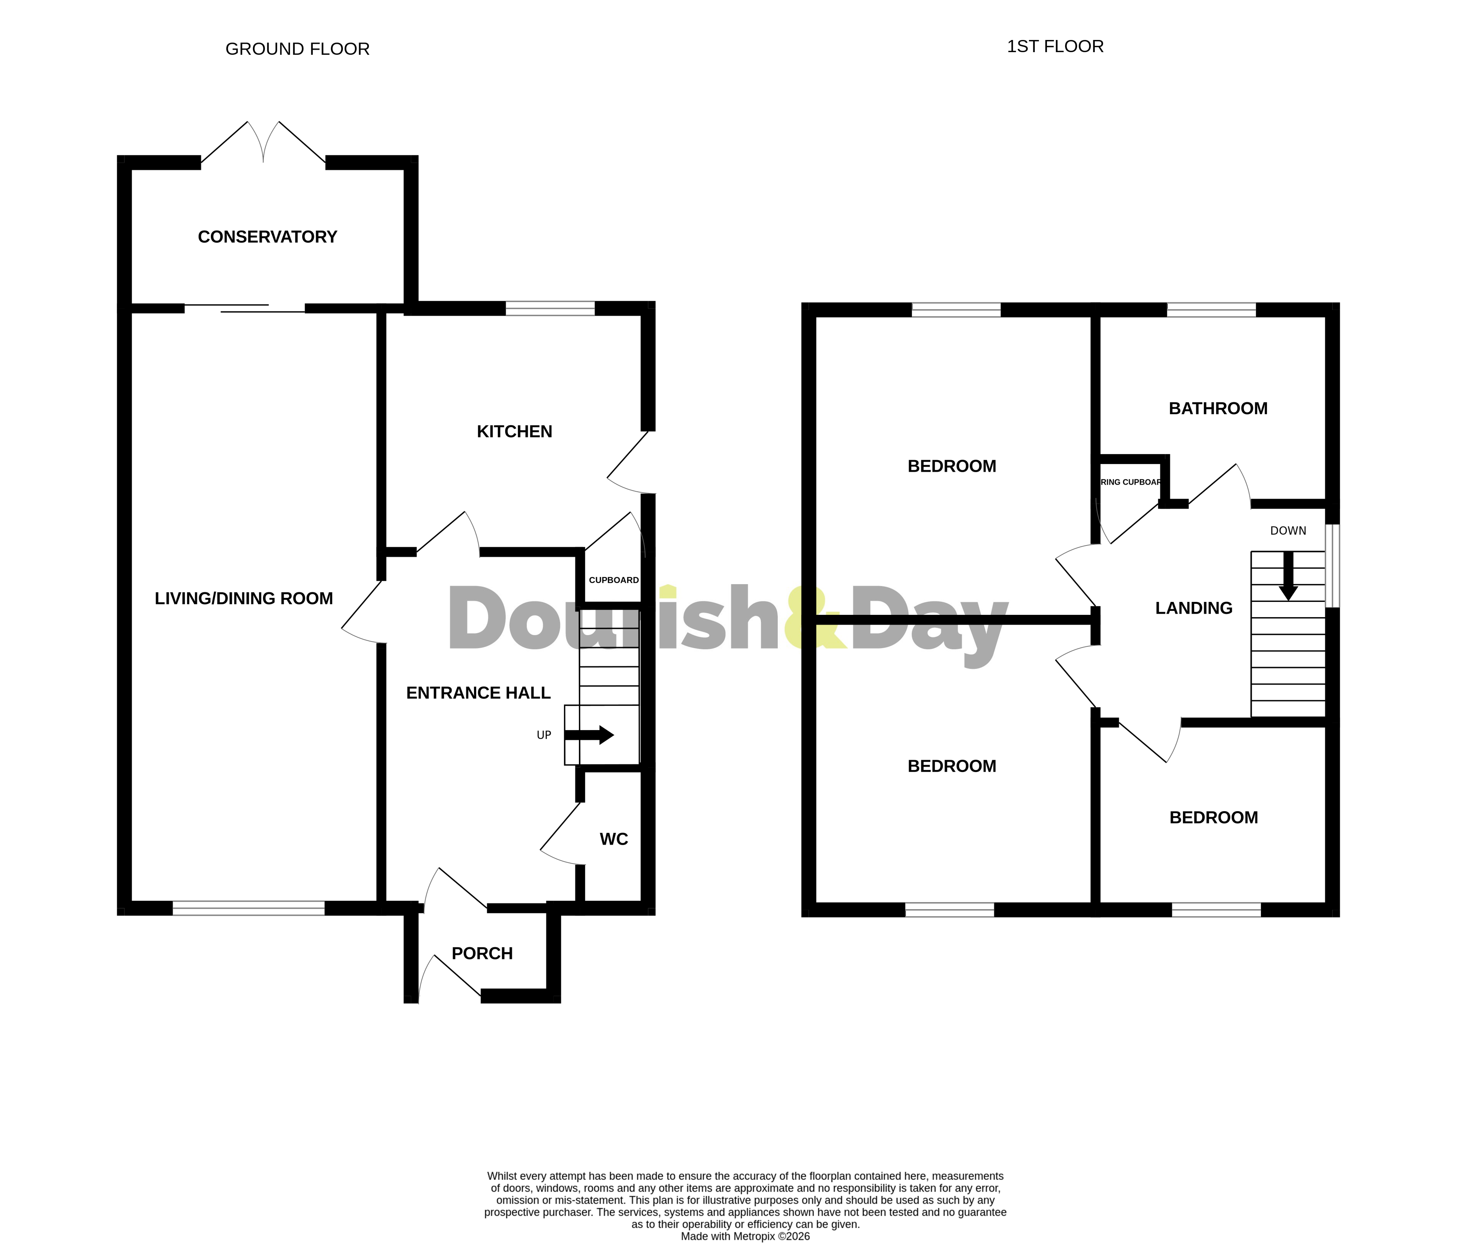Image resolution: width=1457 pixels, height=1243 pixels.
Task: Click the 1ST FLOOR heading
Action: pos(1055,46)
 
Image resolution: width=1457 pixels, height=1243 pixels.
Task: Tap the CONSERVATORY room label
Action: pos(267,237)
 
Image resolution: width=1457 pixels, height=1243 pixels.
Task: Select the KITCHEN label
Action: pos(514,432)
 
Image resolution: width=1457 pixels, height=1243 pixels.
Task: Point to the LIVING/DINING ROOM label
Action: pos(243,598)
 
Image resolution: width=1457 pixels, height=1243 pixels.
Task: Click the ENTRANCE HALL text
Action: pos(478,693)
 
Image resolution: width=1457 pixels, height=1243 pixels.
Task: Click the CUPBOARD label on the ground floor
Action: pos(613,580)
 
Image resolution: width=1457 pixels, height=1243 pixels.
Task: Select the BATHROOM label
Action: pos(1218,408)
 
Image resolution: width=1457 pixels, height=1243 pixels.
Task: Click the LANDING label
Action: pos(1193,608)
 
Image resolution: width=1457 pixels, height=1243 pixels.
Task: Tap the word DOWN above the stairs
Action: pos(1288,531)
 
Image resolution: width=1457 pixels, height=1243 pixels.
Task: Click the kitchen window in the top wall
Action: pos(550,308)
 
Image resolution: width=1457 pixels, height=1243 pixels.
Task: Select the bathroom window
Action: pos(1211,309)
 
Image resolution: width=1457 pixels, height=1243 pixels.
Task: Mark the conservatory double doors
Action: pos(263,144)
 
